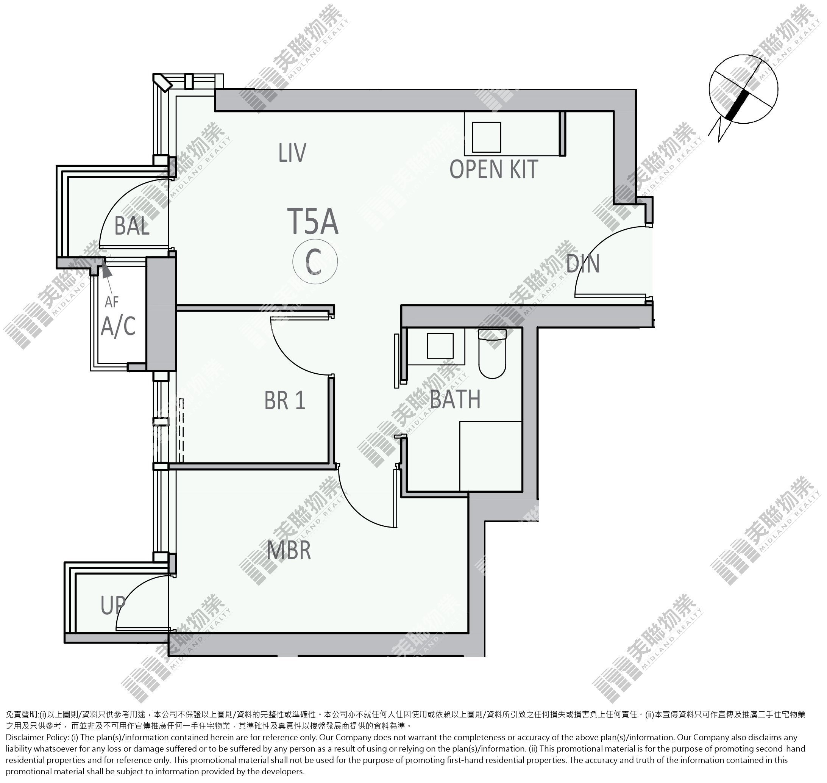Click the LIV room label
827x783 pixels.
tap(292, 153)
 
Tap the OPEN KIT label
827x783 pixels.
tap(493, 169)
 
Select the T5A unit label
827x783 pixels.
tap(313, 221)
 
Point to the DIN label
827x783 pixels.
tap(583, 263)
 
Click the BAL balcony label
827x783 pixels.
tap(132, 226)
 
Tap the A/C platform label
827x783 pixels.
tap(119, 326)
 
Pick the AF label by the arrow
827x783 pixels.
tap(112, 302)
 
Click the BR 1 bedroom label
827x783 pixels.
tap(285, 400)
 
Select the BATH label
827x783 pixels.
tap(455, 399)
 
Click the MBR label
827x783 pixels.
tap(289, 550)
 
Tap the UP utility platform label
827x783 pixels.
tap(113, 605)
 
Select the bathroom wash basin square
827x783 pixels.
tap(440, 346)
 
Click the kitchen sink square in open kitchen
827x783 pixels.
tap(486, 137)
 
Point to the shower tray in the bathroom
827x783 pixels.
tap(491, 456)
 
